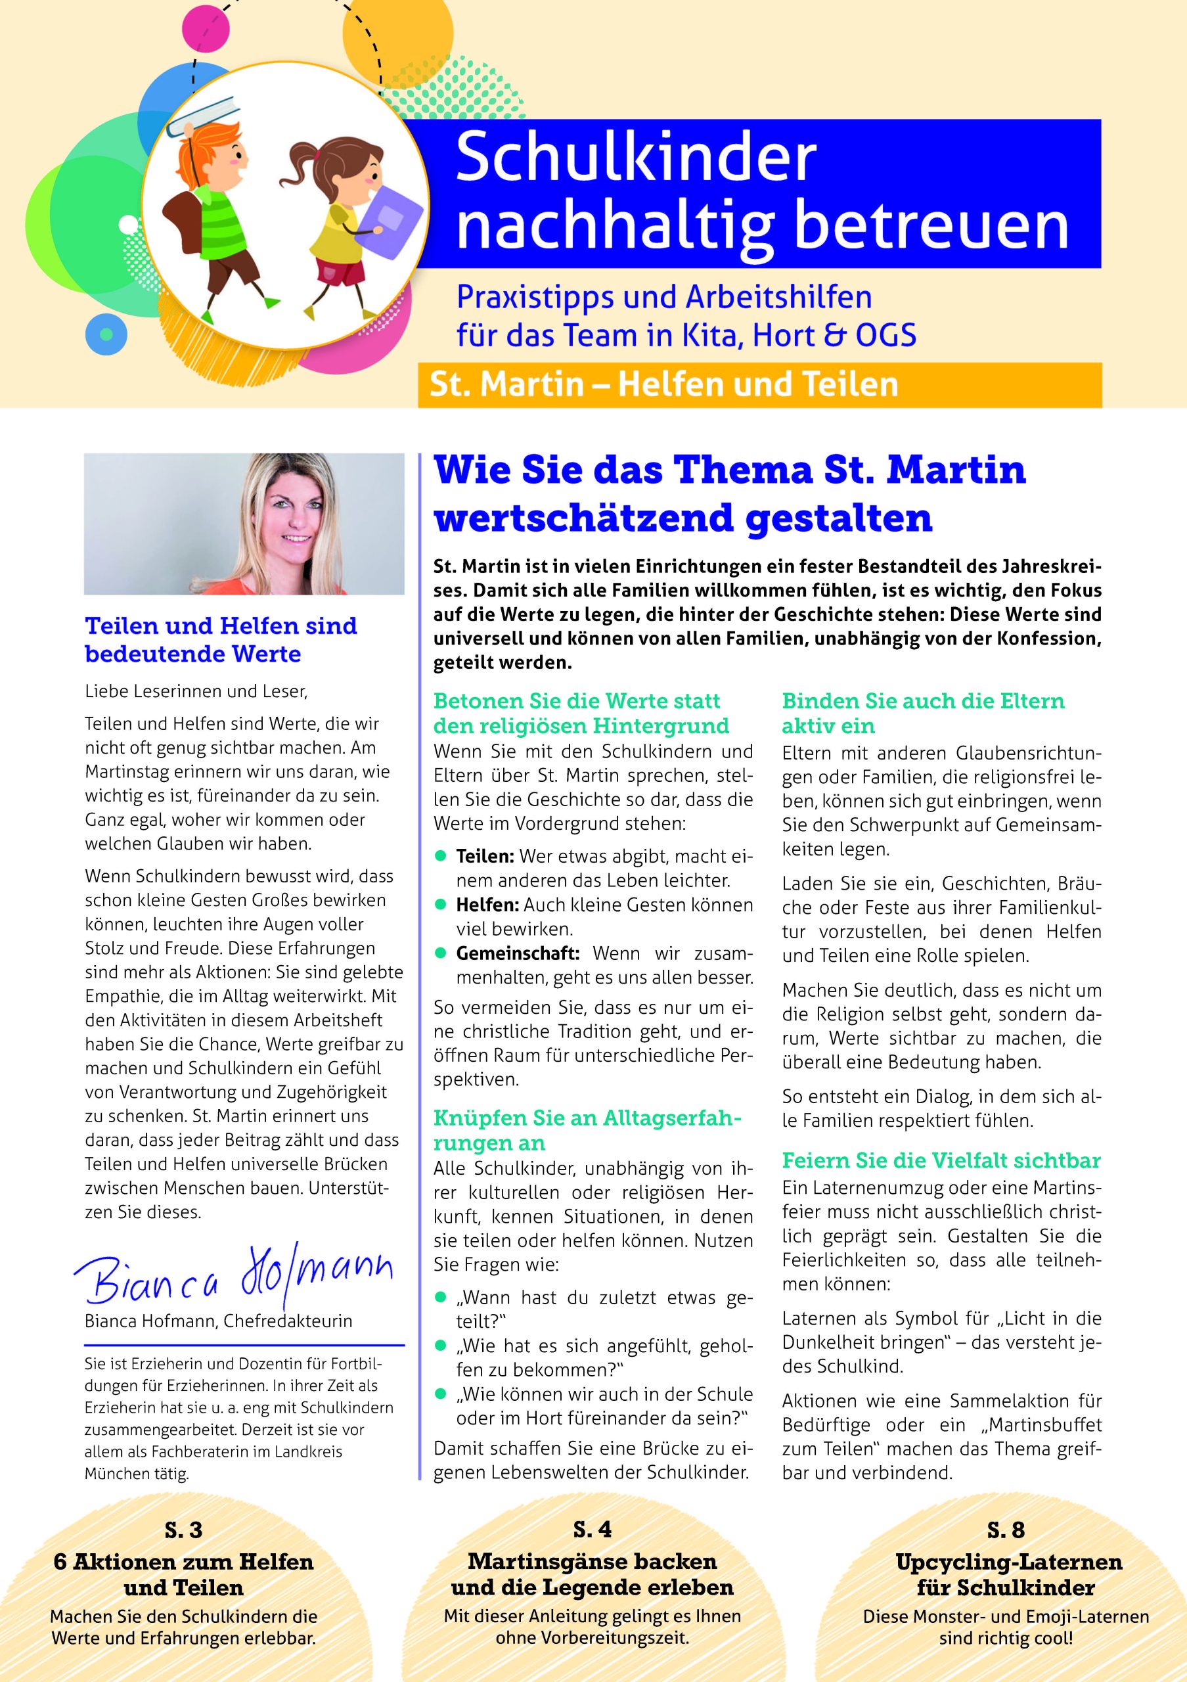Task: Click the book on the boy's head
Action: tap(204, 117)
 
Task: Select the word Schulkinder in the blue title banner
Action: tap(636, 158)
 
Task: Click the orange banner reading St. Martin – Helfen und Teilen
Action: tap(759, 384)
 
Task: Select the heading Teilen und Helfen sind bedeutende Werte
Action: tap(221, 639)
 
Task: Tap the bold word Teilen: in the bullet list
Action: tap(485, 855)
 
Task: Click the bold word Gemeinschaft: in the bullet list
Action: tap(517, 953)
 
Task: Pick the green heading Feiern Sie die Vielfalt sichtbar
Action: tap(941, 1160)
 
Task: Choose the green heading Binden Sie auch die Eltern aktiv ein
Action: tap(923, 713)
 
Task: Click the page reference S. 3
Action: tap(183, 1530)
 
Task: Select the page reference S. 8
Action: tap(1006, 1530)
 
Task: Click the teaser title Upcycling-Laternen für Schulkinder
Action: tap(1008, 1574)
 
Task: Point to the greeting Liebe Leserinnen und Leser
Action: tap(196, 691)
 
